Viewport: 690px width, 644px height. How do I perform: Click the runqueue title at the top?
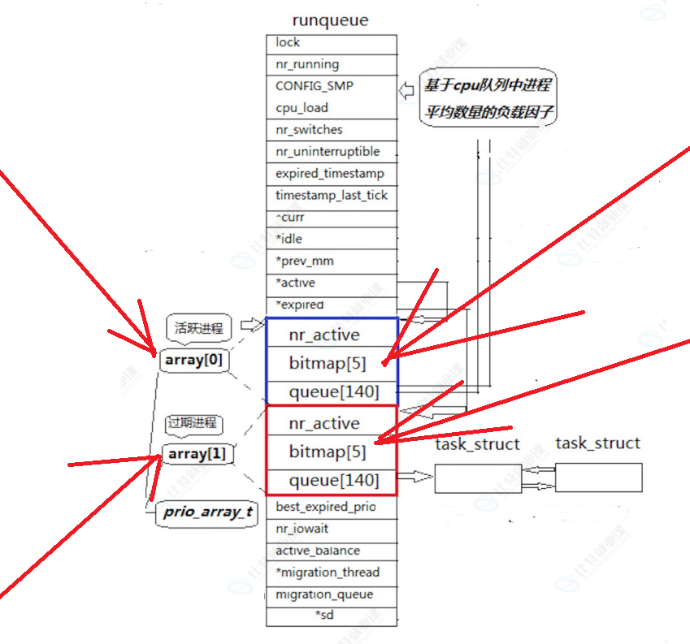pyautogui.click(x=330, y=20)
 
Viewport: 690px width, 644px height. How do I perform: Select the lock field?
pyautogui.click(x=331, y=43)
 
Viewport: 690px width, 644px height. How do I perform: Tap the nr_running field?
pyautogui.click(x=331, y=64)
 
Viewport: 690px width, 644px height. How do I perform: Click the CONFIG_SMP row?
pyautogui.click(x=331, y=86)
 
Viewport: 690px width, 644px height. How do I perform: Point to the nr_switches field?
pyautogui.click(x=331, y=130)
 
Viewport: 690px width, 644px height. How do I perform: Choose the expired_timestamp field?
pyautogui.click(x=331, y=174)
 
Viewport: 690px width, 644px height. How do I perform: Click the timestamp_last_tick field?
pyautogui.click(x=331, y=196)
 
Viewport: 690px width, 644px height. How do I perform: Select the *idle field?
pyautogui.click(x=331, y=240)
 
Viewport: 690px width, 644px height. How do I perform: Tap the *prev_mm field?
pyautogui.click(x=331, y=261)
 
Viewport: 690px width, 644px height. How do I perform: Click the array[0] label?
pyautogui.click(x=193, y=360)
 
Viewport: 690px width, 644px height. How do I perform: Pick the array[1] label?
pyautogui.click(x=197, y=454)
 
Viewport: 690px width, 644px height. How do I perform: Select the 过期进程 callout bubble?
pyautogui.click(x=194, y=423)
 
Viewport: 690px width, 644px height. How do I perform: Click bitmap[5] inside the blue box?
pyautogui.click(x=327, y=363)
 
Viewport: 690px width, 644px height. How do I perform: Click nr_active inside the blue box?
pyautogui.click(x=323, y=335)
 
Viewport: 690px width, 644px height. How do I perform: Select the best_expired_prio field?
pyautogui.click(x=331, y=507)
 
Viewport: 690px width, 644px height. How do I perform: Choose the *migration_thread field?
pyautogui.click(x=331, y=573)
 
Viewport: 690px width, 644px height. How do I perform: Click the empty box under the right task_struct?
pyautogui.click(x=598, y=477)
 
